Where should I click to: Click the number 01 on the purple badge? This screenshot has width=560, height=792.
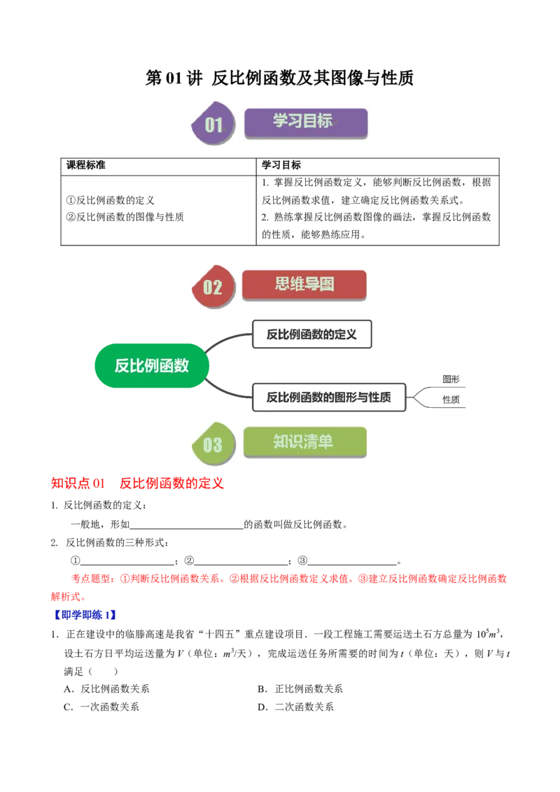click(213, 125)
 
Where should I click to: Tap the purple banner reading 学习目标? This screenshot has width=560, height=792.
click(305, 122)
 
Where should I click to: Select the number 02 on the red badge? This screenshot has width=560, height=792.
click(212, 287)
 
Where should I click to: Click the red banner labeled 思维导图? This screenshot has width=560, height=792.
click(304, 285)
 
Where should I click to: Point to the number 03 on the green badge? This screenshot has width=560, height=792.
click(212, 444)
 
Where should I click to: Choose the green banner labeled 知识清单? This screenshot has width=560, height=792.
click(304, 442)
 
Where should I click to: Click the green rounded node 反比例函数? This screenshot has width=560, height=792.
click(152, 365)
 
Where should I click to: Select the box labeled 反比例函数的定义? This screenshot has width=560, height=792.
click(311, 334)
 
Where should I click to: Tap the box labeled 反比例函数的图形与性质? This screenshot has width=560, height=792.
click(328, 398)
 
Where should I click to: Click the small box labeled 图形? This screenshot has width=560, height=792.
click(451, 379)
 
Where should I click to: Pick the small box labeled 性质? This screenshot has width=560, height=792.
click(451, 399)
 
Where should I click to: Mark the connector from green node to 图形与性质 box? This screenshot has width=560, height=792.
click(228, 391)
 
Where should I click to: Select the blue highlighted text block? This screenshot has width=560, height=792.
click(85, 615)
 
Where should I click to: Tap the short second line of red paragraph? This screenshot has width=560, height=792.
click(67, 597)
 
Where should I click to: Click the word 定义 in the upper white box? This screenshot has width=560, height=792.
click(346, 334)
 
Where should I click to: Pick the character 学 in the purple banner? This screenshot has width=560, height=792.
click(280, 121)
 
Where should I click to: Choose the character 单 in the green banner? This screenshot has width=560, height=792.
click(325, 442)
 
